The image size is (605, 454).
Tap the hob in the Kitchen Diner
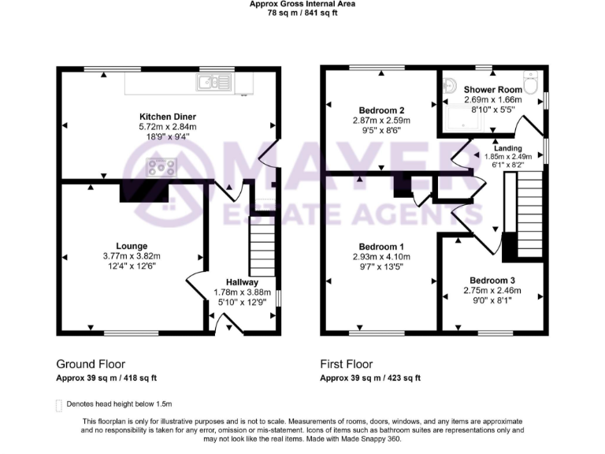pos(162,166)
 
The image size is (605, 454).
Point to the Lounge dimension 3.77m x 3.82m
pos(132,256)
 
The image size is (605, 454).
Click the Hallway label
pos(242,282)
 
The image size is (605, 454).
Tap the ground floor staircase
pos(262,247)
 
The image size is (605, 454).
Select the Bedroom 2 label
pos(381,110)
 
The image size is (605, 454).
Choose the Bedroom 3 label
pos(492,280)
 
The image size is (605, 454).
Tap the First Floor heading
pos(346,364)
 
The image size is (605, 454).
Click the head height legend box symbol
pos(58,405)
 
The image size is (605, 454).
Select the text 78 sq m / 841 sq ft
pos(302,13)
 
